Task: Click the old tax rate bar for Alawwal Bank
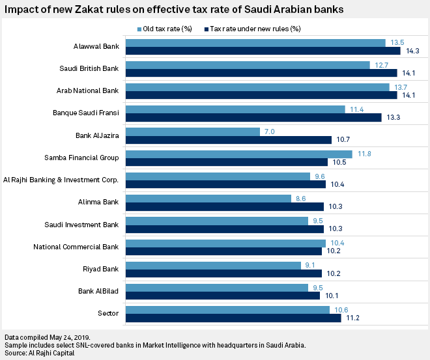[x=255, y=43]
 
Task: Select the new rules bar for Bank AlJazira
[x=228, y=139]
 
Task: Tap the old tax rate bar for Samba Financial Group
[x=238, y=154]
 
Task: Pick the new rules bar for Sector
[x=233, y=318]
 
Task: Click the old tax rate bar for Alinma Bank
[x=208, y=199]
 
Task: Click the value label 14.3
[x=412, y=51]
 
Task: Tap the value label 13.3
[x=393, y=118]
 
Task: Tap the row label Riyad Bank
[x=100, y=268]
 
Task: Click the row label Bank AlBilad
[x=98, y=291]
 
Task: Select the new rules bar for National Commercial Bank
[x=223, y=251]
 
